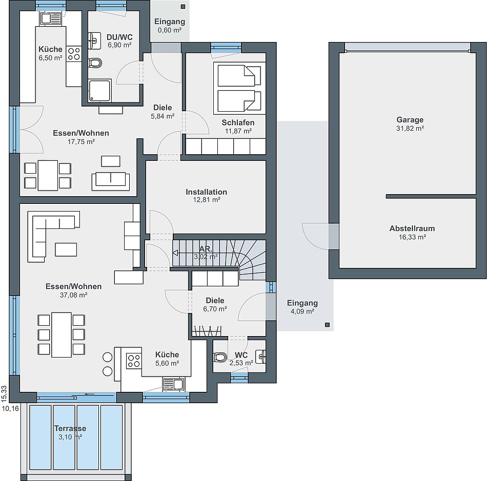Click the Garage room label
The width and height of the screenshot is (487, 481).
[x=410, y=120]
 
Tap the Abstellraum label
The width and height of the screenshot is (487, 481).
[x=412, y=228]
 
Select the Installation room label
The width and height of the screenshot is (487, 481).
[x=206, y=192]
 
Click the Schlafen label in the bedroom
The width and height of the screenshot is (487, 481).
[x=238, y=122]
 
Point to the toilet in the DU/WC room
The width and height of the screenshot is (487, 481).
[x=95, y=63]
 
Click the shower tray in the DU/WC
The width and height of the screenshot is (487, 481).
[x=99, y=91]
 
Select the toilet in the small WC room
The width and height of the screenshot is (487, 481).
[x=220, y=357]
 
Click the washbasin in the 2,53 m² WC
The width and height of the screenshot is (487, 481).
[x=261, y=356]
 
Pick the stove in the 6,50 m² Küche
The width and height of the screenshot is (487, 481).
[x=74, y=53]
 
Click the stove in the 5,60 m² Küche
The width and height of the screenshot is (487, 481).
[x=134, y=361]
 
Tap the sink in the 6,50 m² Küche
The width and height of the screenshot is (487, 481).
[x=51, y=18]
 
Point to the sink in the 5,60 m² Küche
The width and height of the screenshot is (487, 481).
[x=174, y=384]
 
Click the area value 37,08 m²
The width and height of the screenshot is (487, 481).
[x=74, y=295]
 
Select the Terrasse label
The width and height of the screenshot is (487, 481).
[x=70, y=428]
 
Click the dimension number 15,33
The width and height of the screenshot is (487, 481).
[x=4, y=393]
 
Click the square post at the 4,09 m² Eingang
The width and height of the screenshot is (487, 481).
[x=327, y=325]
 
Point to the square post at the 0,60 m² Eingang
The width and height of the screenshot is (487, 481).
[x=183, y=7]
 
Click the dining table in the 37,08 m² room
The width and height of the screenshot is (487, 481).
[x=62, y=335]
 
